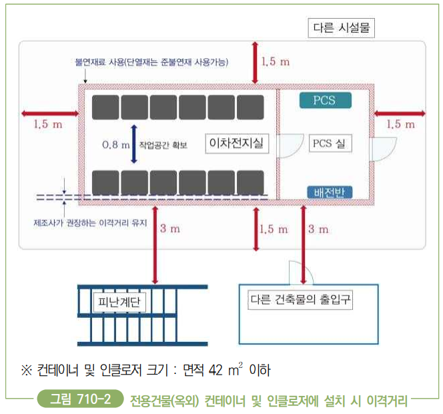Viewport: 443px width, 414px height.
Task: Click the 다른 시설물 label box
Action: pos(341,28)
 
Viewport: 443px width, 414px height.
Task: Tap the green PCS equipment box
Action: pos(324,101)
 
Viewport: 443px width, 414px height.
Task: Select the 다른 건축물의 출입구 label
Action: pos(300,300)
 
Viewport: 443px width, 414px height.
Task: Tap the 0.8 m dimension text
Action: pos(115,144)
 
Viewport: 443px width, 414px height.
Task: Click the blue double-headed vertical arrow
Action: pos(133,144)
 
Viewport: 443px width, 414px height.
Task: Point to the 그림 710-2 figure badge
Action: pos(81,400)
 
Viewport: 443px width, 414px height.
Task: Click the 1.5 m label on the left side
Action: pos(48,124)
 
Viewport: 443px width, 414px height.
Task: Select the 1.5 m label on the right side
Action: pos(400,124)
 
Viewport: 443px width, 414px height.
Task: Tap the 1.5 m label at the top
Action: pos(276,62)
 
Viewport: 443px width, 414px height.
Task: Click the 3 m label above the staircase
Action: pos(169,229)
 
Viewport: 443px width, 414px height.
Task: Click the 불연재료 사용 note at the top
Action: pos(153,63)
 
